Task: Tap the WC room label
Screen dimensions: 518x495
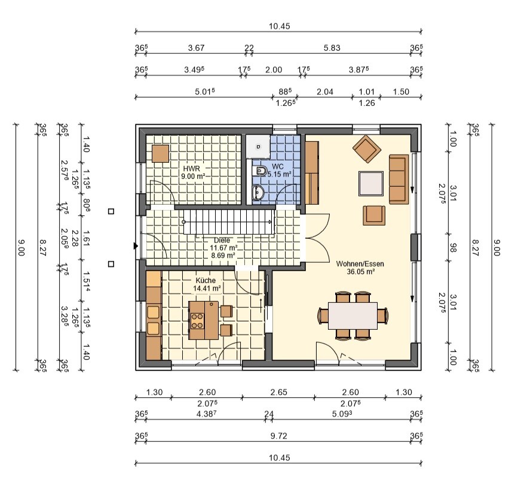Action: (x=278, y=166)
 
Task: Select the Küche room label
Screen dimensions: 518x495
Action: (x=206, y=281)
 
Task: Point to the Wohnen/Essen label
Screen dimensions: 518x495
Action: (x=360, y=264)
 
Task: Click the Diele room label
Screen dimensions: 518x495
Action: (x=222, y=240)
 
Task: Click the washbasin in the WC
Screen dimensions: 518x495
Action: (x=258, y=193)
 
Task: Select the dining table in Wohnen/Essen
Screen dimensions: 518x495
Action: (x=353, y=315)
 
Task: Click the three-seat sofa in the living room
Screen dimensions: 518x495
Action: (x=399, y=179)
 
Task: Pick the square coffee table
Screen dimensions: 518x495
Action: (x=371, y=184)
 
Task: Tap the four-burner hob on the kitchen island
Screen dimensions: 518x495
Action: (x=197, y=321)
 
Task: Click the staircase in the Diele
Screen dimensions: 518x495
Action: (x=229, y=222)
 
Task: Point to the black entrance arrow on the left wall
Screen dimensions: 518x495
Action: (x=136, y=246)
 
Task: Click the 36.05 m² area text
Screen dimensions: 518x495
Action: (x=360, y=272)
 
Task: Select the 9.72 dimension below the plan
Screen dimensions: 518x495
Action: (x=279, y=436)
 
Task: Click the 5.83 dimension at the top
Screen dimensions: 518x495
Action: (x=332, y=48)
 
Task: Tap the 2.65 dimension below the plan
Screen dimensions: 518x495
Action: (x=279, y=392)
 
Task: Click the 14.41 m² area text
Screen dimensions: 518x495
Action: (x=207, y=288)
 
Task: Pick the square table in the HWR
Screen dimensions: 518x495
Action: (x=161, y=154)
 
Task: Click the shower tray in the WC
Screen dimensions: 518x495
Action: (x=258, y=146)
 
